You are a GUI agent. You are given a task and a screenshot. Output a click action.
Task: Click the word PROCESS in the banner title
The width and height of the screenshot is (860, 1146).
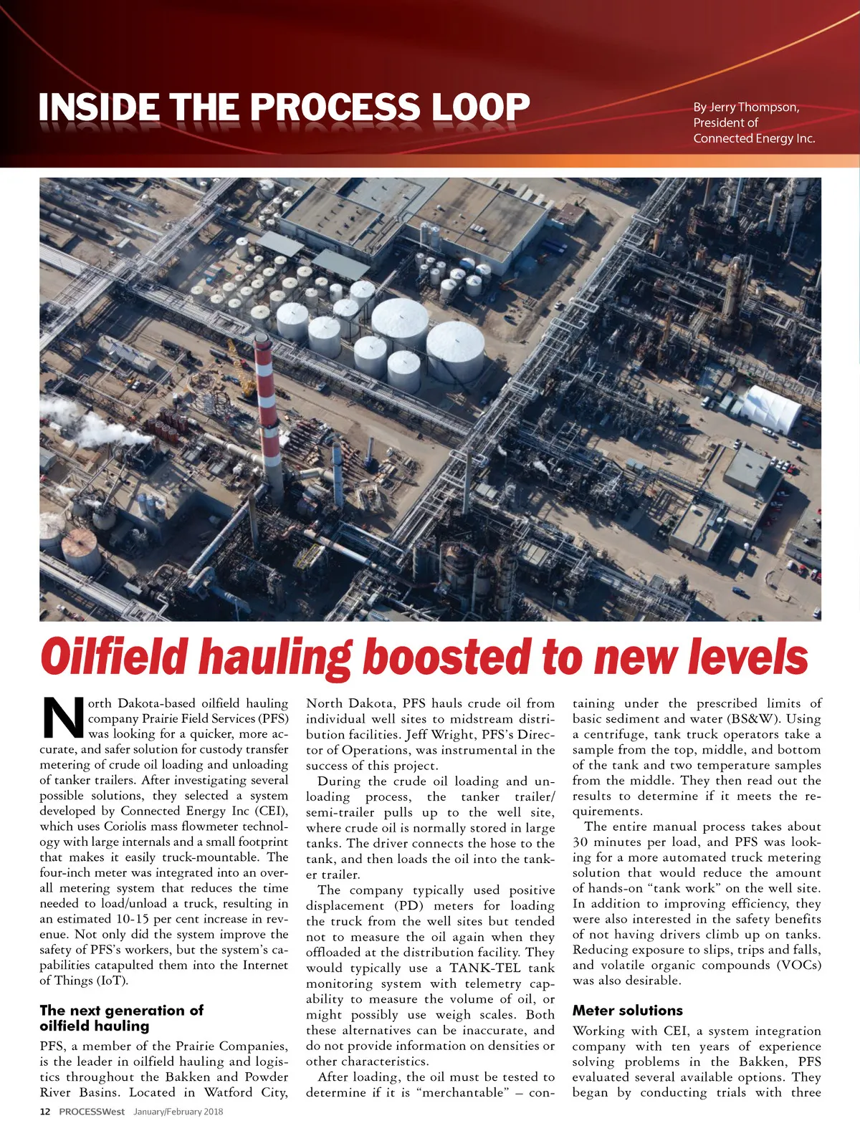click(334, 107)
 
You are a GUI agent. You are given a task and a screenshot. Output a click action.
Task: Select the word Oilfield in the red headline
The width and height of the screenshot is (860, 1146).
click(115, 656)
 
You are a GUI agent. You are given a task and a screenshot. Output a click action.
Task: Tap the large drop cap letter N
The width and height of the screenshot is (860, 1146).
click(63, 718)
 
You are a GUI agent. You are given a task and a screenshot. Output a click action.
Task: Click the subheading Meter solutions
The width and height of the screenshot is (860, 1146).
click(627, 1011)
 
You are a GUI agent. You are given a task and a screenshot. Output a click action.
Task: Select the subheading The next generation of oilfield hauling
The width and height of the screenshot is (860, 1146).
click(121, 1018)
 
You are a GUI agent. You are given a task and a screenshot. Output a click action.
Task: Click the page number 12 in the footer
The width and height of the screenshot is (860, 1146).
click(45, 1112)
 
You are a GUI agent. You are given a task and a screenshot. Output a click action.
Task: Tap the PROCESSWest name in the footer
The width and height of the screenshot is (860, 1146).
click(92, 1112)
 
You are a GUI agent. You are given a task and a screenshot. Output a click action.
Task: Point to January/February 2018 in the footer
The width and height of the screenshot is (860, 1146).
click(178, 1112)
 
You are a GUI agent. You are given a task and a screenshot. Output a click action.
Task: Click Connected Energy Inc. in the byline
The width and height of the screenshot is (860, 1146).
click(754, 139)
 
